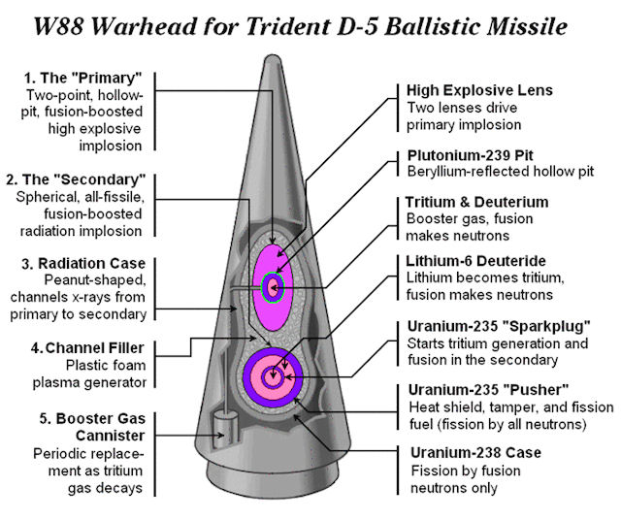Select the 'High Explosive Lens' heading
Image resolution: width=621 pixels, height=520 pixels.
(478, 90)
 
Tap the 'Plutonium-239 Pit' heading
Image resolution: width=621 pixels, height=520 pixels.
(470, 154)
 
